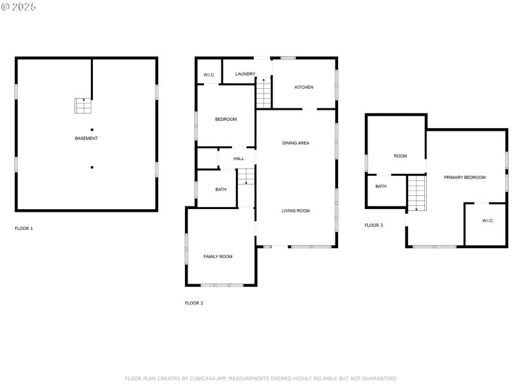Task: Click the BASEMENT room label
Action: click(x=86, y=139)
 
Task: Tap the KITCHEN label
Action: click(x=303, y=87)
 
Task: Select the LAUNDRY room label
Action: click(x=245, y=74)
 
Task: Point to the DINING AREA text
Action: click(x=295, y=142)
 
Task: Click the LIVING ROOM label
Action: click(x=295, y=210)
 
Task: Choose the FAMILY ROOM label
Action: click(x=218, y=257)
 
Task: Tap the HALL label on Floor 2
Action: click(x=239, y=159)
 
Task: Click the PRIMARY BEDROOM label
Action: click(x=465, y=178)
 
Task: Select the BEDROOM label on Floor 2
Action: click(x=226, y=119)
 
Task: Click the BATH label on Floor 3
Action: click(x=380, y=186)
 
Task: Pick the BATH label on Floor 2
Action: click(x=221, y=189)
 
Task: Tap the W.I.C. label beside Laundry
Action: click(x=209, y=74)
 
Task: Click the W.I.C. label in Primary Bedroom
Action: click(x=488, y=221)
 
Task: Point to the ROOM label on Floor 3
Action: click(x=400, y=156)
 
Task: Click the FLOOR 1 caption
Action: click(x=24, y=229)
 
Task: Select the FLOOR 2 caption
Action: click(x=194, y=303)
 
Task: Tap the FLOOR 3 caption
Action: click(x=374, y=225)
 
